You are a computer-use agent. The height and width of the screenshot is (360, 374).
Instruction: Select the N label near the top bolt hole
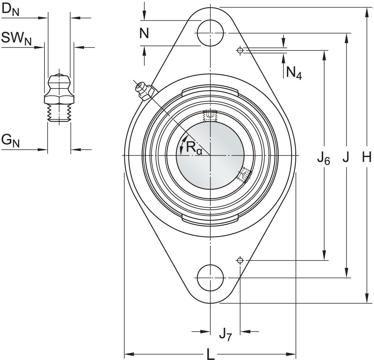tap(144, 33)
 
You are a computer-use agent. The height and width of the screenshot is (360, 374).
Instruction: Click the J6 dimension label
tap(323, 159)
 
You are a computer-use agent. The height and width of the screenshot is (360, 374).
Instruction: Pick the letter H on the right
tap(367, 158)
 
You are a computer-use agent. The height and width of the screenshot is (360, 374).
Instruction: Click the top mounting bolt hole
tap(210, 33)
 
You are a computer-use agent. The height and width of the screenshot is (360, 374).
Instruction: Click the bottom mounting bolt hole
tap(210, 278)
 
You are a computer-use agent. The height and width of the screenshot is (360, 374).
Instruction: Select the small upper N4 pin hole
tap(240, 51)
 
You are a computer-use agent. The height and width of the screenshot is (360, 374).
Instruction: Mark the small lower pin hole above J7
tap(240, 260)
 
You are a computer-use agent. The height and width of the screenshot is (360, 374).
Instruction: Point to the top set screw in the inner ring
tap(210, 116)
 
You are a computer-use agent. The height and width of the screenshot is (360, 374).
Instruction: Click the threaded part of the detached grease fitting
tap(59, 113)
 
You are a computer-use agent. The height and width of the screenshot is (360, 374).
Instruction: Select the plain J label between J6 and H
tap(346, 158)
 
